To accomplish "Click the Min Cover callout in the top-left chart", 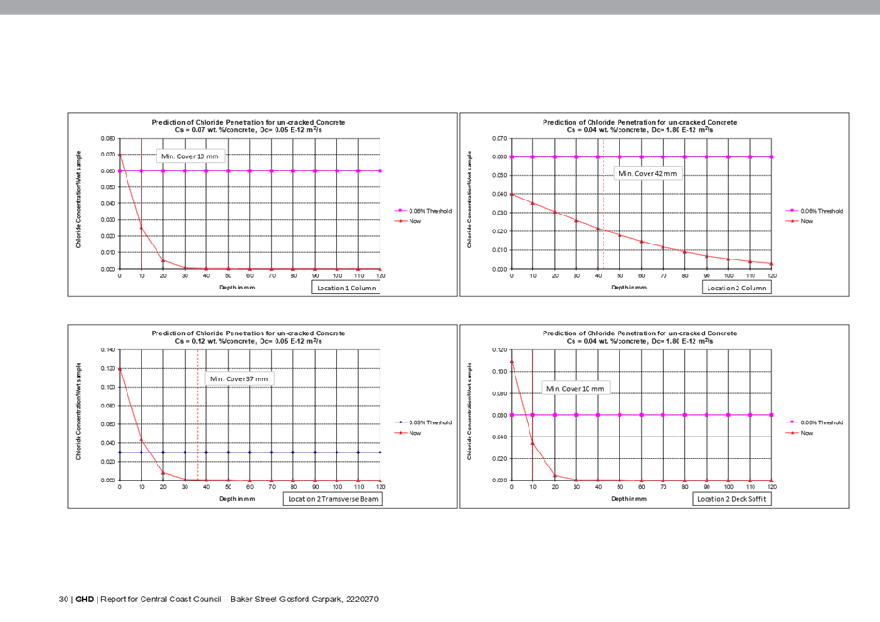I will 190,156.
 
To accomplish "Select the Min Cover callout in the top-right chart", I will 647,173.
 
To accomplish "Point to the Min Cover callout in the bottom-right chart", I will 576,388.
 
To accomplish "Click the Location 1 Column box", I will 346,289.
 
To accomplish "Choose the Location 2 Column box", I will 737,289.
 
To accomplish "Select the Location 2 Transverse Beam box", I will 334,499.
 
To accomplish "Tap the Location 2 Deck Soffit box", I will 732,499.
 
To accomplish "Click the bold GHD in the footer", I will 84,598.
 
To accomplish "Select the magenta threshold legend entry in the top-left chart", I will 421,211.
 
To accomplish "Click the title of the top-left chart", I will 248,126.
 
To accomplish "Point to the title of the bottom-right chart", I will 640,337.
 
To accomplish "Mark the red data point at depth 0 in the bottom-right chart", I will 512,360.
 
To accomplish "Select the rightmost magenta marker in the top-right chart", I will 771,156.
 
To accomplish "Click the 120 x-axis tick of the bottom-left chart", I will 380,487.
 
